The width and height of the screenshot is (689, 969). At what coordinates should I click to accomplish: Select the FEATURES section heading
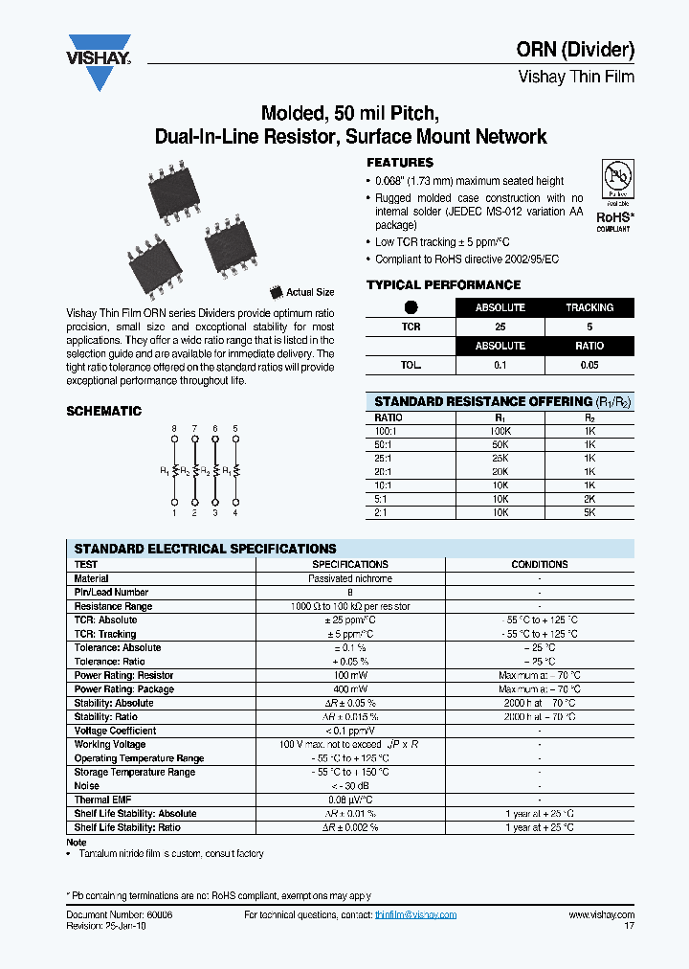click(400, 163)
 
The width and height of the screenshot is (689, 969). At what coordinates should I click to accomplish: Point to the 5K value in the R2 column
click(589, 512)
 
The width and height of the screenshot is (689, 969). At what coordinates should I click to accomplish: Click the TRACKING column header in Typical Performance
click(589, 307)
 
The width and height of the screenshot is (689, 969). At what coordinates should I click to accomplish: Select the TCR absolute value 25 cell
click(500, 327)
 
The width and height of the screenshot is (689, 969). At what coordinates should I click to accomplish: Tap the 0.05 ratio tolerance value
click(589, 365)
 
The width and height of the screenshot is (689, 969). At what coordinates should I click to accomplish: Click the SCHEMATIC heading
click(103, 411)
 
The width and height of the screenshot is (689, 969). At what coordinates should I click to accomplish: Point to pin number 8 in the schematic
click(174, 427)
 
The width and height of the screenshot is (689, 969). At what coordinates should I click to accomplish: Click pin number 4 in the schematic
click(235, 513)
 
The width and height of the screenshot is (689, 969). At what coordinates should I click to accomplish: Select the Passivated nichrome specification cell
click(350, 578)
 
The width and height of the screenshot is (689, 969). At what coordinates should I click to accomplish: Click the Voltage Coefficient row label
click(115, 731)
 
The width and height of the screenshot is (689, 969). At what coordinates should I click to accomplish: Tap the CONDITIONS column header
click(540, 564)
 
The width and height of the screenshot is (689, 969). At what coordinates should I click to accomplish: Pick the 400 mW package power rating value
click(350, 689)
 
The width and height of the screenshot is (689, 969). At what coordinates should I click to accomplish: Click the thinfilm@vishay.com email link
click(415, 915)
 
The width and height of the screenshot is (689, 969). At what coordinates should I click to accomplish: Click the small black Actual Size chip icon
click(277, 291)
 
